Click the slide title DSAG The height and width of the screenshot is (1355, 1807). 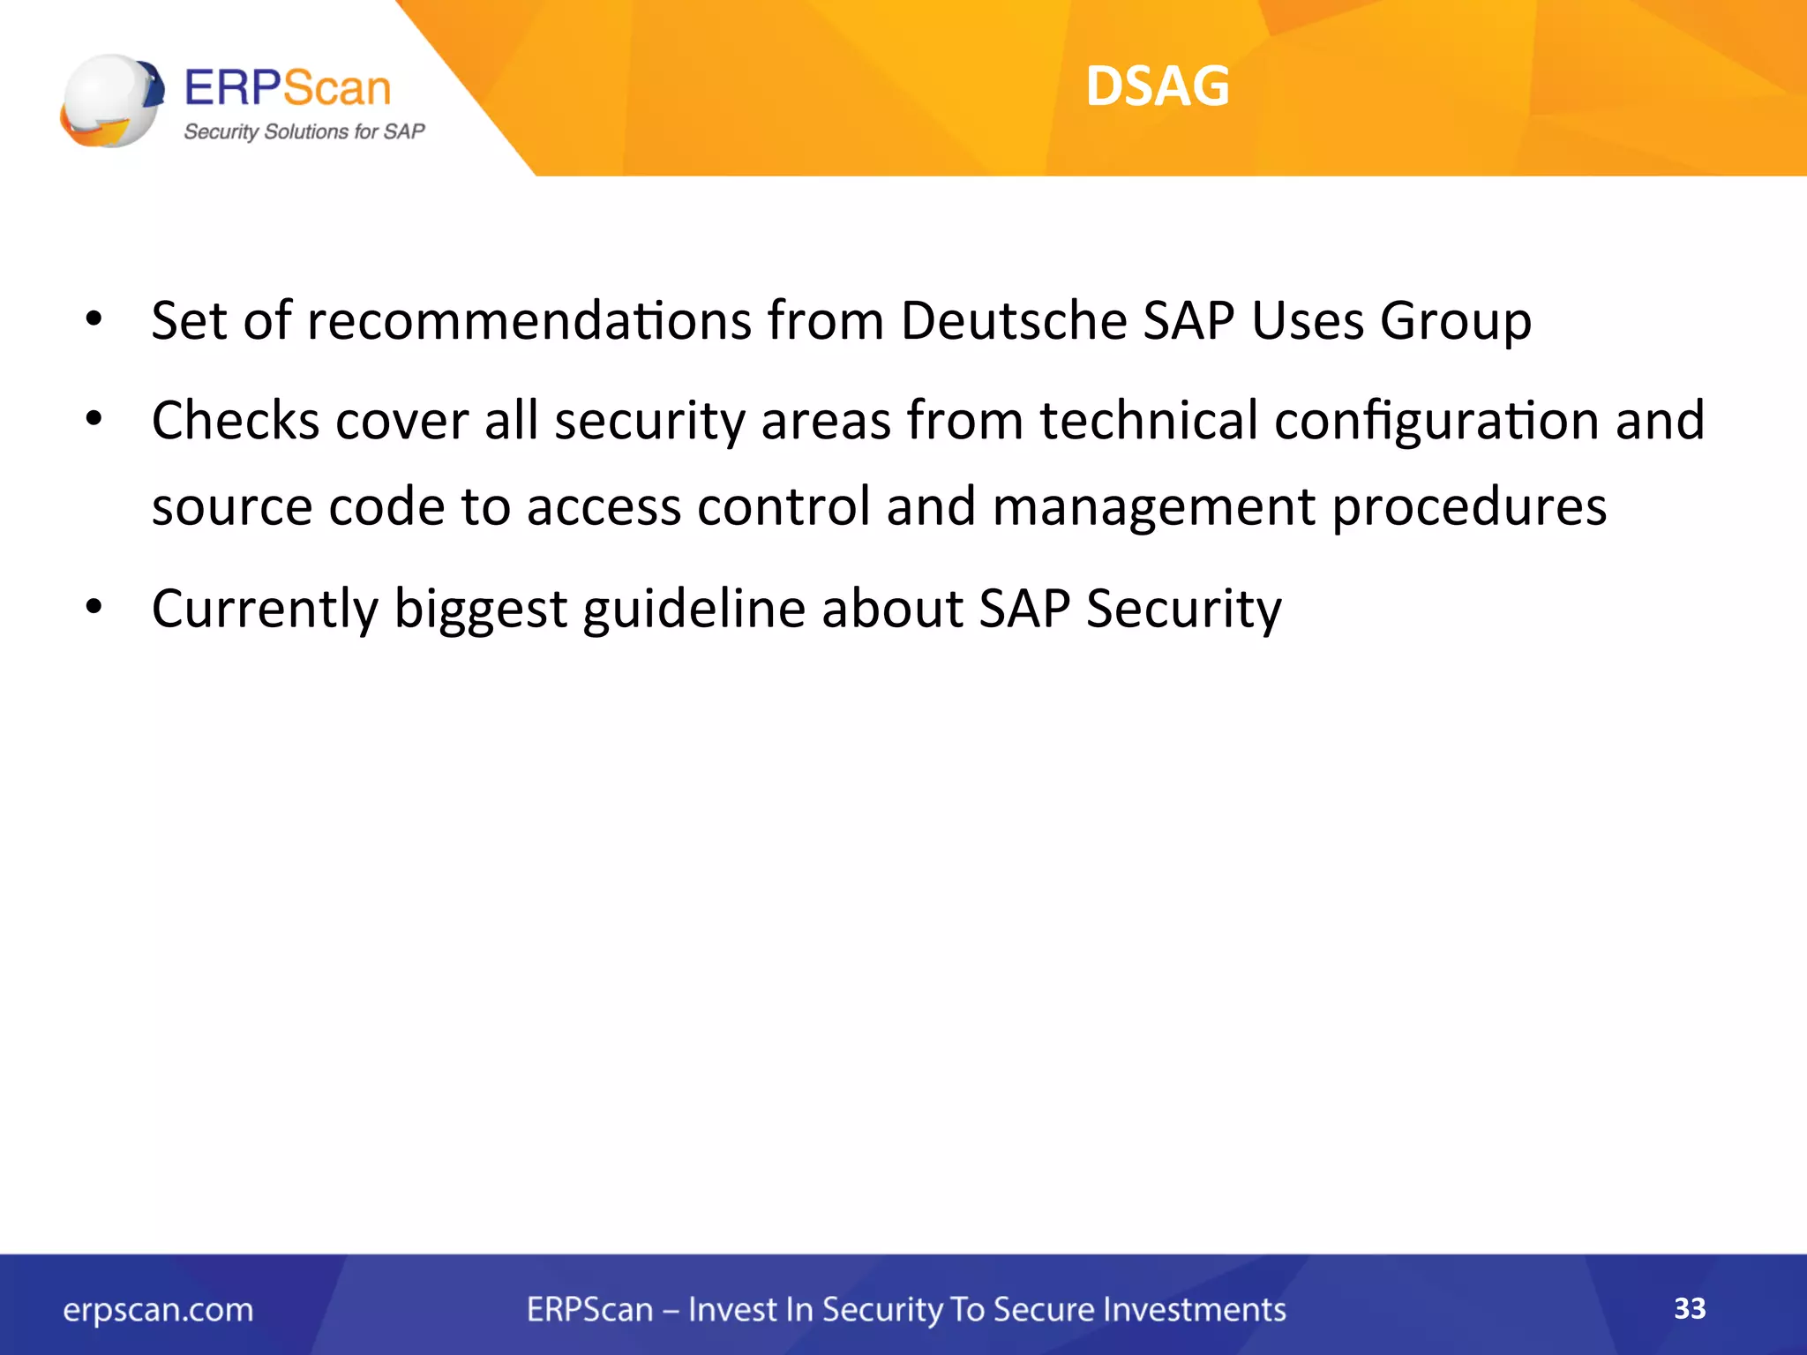(x=1157, y=86)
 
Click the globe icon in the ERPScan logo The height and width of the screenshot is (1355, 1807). (x=111, y=101)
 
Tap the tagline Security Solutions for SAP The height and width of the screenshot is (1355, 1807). (x=304, y=132)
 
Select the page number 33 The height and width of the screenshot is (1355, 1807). (x=1690, y=1308)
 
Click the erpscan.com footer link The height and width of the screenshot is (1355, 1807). (x=158, y=1310)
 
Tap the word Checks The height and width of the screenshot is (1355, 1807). (x=236, y=420)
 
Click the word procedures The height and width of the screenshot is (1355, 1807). (x=1468, y=508)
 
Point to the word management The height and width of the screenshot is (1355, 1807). (x=1154, y=508)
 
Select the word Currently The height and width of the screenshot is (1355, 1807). (x=265, y=609)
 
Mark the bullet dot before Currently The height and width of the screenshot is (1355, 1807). (x=94, y=607)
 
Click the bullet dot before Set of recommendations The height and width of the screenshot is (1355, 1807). (x=94, y=318)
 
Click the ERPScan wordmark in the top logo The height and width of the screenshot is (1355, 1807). (x=288, y=88)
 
